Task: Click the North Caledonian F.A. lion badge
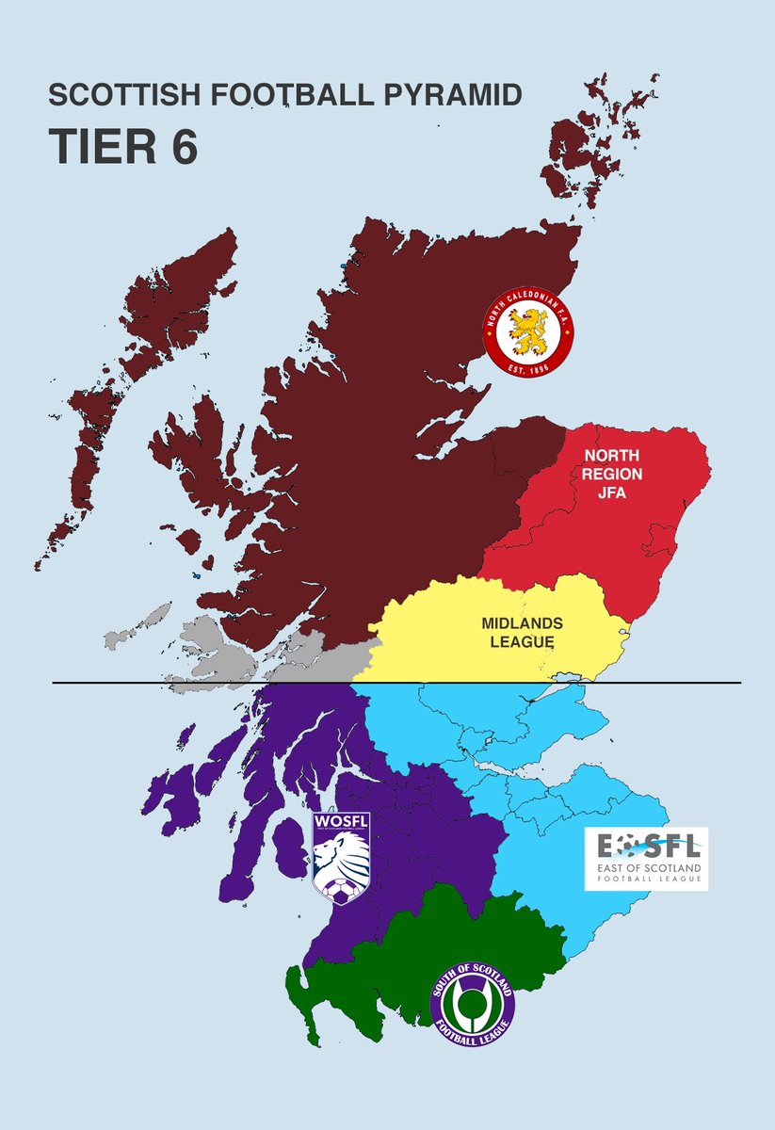tap(531, 329)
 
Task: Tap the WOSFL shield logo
tap(341, 858)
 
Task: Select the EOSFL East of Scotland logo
tap(646, 858)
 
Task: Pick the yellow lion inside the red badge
tap(529, 327)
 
